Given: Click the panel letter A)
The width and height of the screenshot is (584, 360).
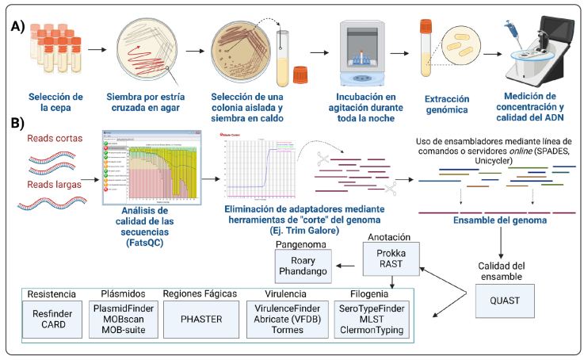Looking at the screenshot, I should point(18,25).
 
